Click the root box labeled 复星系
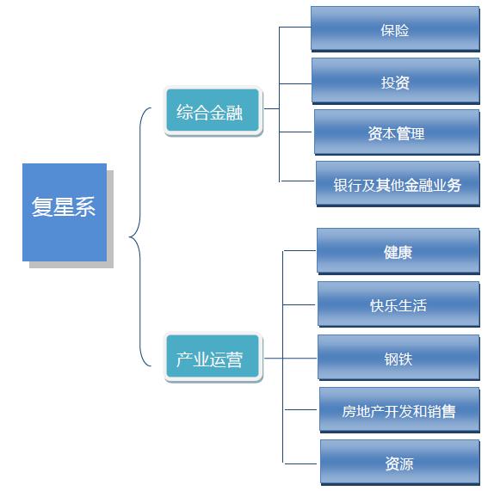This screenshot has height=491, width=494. (x=65, y=212)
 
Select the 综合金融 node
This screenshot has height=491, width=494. (x=212, y=112)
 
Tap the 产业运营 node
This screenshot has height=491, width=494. (x=212, y=359)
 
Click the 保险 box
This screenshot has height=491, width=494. (x=395, y=29)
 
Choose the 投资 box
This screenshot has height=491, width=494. (x=395, y=82)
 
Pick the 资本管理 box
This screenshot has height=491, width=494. (x=397, y=132)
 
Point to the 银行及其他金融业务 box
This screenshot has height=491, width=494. (x=398, y=184)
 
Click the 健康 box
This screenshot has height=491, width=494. (x=398, y=252)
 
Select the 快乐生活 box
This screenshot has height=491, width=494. (x=398, y=304)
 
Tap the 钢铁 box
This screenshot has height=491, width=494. (x=398, y=358)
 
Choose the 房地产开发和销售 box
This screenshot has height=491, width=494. (x=399, y=410)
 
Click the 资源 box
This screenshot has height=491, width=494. (x=399, y=463)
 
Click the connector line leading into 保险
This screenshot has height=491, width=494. (x=294, y=27)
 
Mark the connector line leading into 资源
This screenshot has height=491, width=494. (x=301, y=463)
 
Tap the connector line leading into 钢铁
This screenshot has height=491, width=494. (x=300, y=358)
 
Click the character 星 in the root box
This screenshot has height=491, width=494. (x=65, y=207)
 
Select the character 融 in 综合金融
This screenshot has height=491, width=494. (x=234, y=113)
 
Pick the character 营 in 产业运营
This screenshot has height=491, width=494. (x=234, y=359)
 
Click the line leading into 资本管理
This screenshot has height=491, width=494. (x=296, y=132)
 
